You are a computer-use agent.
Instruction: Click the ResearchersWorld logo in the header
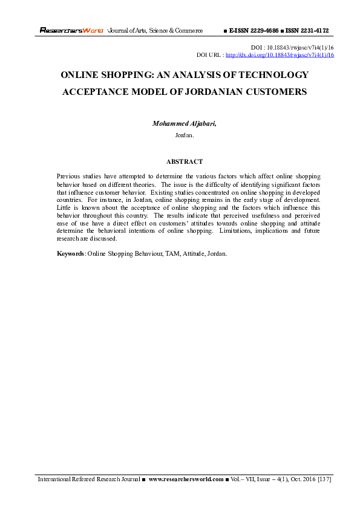[x=71, y=30]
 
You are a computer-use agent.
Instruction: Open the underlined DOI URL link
[x=280, y=54]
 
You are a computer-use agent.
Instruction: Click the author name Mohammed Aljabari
[x=183, y=123]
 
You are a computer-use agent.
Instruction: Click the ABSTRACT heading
[x=184, y=161]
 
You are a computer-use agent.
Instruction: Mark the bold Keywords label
[x=70, y=254]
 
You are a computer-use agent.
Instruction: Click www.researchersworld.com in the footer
[x=186, y=479]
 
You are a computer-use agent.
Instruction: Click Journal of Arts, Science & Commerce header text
[x=155, y=30]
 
